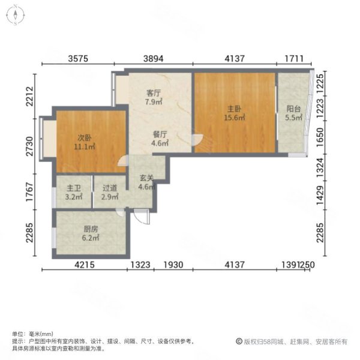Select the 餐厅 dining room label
click(158, 134)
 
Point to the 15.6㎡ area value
click(234, 118)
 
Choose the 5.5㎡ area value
click(293, 119)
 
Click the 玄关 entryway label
click(147, 178)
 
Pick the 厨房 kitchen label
click(90, 229)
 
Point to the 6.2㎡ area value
click(90, 238)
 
